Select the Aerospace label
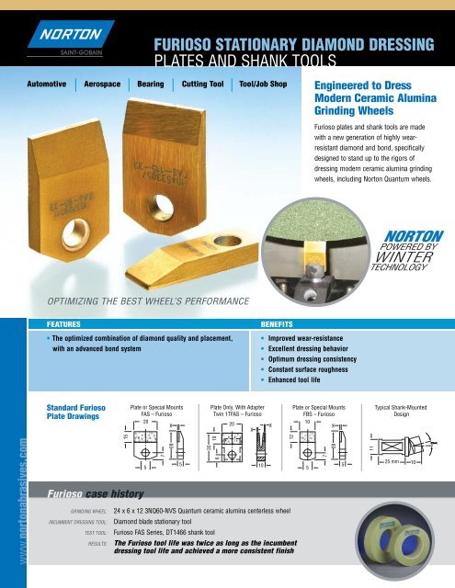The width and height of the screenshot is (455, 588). click(101, 84)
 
